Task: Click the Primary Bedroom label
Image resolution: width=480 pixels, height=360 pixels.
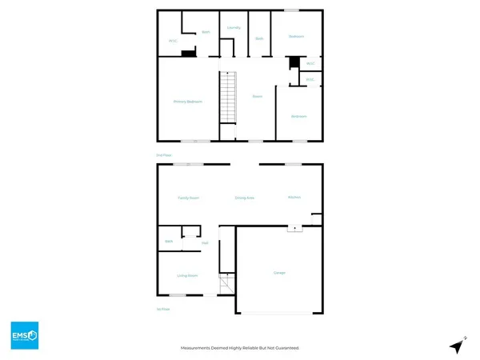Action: [187, 102]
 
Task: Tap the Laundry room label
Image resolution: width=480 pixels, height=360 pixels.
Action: [234, 27]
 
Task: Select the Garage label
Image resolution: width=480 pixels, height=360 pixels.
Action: [280, 273]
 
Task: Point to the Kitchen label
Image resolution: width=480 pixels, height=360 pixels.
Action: [294, 197]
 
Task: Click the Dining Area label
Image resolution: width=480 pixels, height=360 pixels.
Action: [244, 197]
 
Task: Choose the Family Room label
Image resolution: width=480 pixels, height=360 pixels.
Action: [188, 197]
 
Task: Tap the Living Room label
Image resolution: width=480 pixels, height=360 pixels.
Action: [187, 275]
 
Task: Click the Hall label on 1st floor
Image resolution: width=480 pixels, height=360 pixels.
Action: [206, 242]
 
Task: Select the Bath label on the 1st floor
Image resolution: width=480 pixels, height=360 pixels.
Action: [169, 241]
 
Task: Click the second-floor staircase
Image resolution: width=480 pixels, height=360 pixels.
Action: [229, 97]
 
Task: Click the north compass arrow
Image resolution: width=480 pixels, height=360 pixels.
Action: [458, 346]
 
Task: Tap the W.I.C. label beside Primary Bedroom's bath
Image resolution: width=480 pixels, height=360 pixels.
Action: [172, 41]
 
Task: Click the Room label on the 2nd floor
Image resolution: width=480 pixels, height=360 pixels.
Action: [258, 97]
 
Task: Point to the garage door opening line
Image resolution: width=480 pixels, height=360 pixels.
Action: [280, 312]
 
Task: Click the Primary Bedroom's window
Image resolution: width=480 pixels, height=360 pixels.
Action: [195, 141]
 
